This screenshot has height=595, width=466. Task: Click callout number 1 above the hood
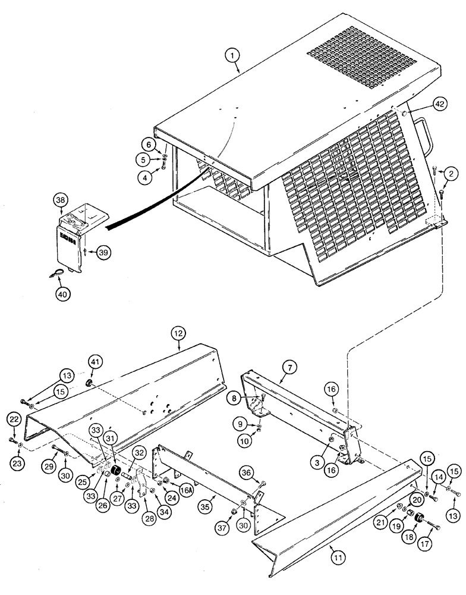[x=234, y=57]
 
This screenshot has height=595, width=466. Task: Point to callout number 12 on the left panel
[x=179, y=333]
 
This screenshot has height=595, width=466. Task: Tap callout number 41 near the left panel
[x=95, y=362]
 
